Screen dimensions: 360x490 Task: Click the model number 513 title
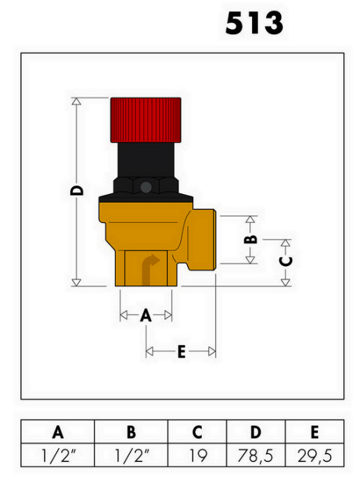(254, 23)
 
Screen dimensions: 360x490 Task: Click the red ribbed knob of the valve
(146, 120)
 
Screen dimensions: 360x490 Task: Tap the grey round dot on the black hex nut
(146, 188)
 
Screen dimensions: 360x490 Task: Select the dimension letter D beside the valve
(77, 190)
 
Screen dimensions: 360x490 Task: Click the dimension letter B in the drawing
(251, 239)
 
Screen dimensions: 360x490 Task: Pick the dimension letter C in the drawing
(286, 261)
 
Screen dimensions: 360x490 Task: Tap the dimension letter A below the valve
(146, 315)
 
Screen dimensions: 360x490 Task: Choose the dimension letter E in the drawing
(181, 351)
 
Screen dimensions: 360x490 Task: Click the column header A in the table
(58, 432)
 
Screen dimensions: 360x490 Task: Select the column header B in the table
(132, 432)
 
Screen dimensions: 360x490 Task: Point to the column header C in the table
(197, 432)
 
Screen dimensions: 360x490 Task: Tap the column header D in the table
(256, 432)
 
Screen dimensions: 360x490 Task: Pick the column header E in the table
(314, 432)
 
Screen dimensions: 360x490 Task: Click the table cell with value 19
(198, 455)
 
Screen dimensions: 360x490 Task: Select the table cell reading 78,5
(255, 456)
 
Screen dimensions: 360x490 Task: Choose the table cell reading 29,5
(314, 456)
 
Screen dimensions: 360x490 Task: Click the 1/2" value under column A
(59, 455)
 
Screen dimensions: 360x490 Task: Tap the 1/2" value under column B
(132, 455)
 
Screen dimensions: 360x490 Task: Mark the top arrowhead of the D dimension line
(76, 101)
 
